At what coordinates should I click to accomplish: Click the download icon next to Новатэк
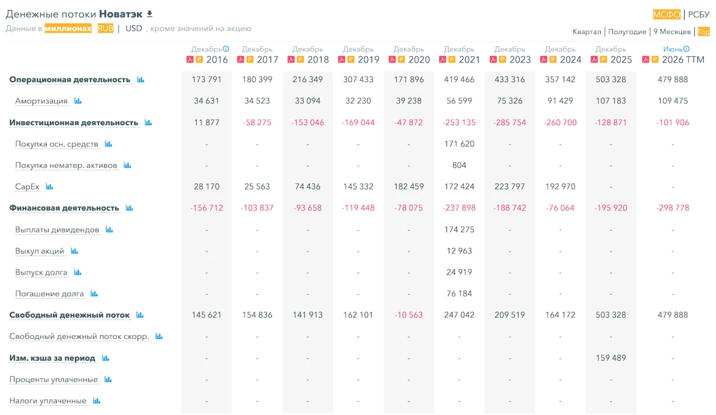point(149,14)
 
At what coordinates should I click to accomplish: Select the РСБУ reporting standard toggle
point(699,15)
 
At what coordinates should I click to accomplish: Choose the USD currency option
point(134,29)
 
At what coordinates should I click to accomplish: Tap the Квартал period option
point(587,32)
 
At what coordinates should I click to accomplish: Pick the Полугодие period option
point(627,32)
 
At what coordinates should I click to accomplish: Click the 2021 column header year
point(469,60)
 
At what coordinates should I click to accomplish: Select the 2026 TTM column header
point(683,60)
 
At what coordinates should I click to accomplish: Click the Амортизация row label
point(41,101)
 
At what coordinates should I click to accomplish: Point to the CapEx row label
point(27,187)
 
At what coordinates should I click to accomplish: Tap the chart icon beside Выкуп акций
point(74,251)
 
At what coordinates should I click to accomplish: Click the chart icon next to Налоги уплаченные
point(97,400)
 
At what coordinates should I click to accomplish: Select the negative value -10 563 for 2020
point(408,315)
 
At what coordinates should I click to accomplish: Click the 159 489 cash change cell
point(610,358)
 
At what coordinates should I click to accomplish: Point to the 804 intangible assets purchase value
point(459,166)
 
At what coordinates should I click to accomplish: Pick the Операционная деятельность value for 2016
point(206,79)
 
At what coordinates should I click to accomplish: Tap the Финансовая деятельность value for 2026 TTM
point(672,208)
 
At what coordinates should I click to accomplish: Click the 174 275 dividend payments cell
point(459,229)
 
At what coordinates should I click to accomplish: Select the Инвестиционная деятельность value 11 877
point(206,122)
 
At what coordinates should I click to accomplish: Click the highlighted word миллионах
point(68,29)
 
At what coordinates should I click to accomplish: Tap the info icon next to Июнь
point(686,49)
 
